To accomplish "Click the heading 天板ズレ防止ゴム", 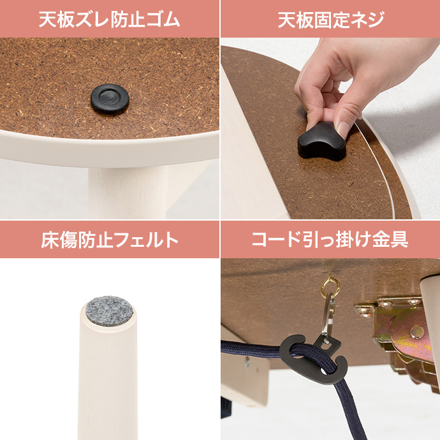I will point(109,19).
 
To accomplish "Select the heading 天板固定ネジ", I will point(330,19).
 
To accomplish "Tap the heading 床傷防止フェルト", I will point(109,240).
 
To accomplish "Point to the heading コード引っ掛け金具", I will point(330,240).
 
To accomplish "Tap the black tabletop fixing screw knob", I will point(322,140).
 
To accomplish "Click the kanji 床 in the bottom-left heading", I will point(50,240).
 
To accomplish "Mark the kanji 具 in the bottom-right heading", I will point(400,240).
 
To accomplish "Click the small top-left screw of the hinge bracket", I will point(365,311).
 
